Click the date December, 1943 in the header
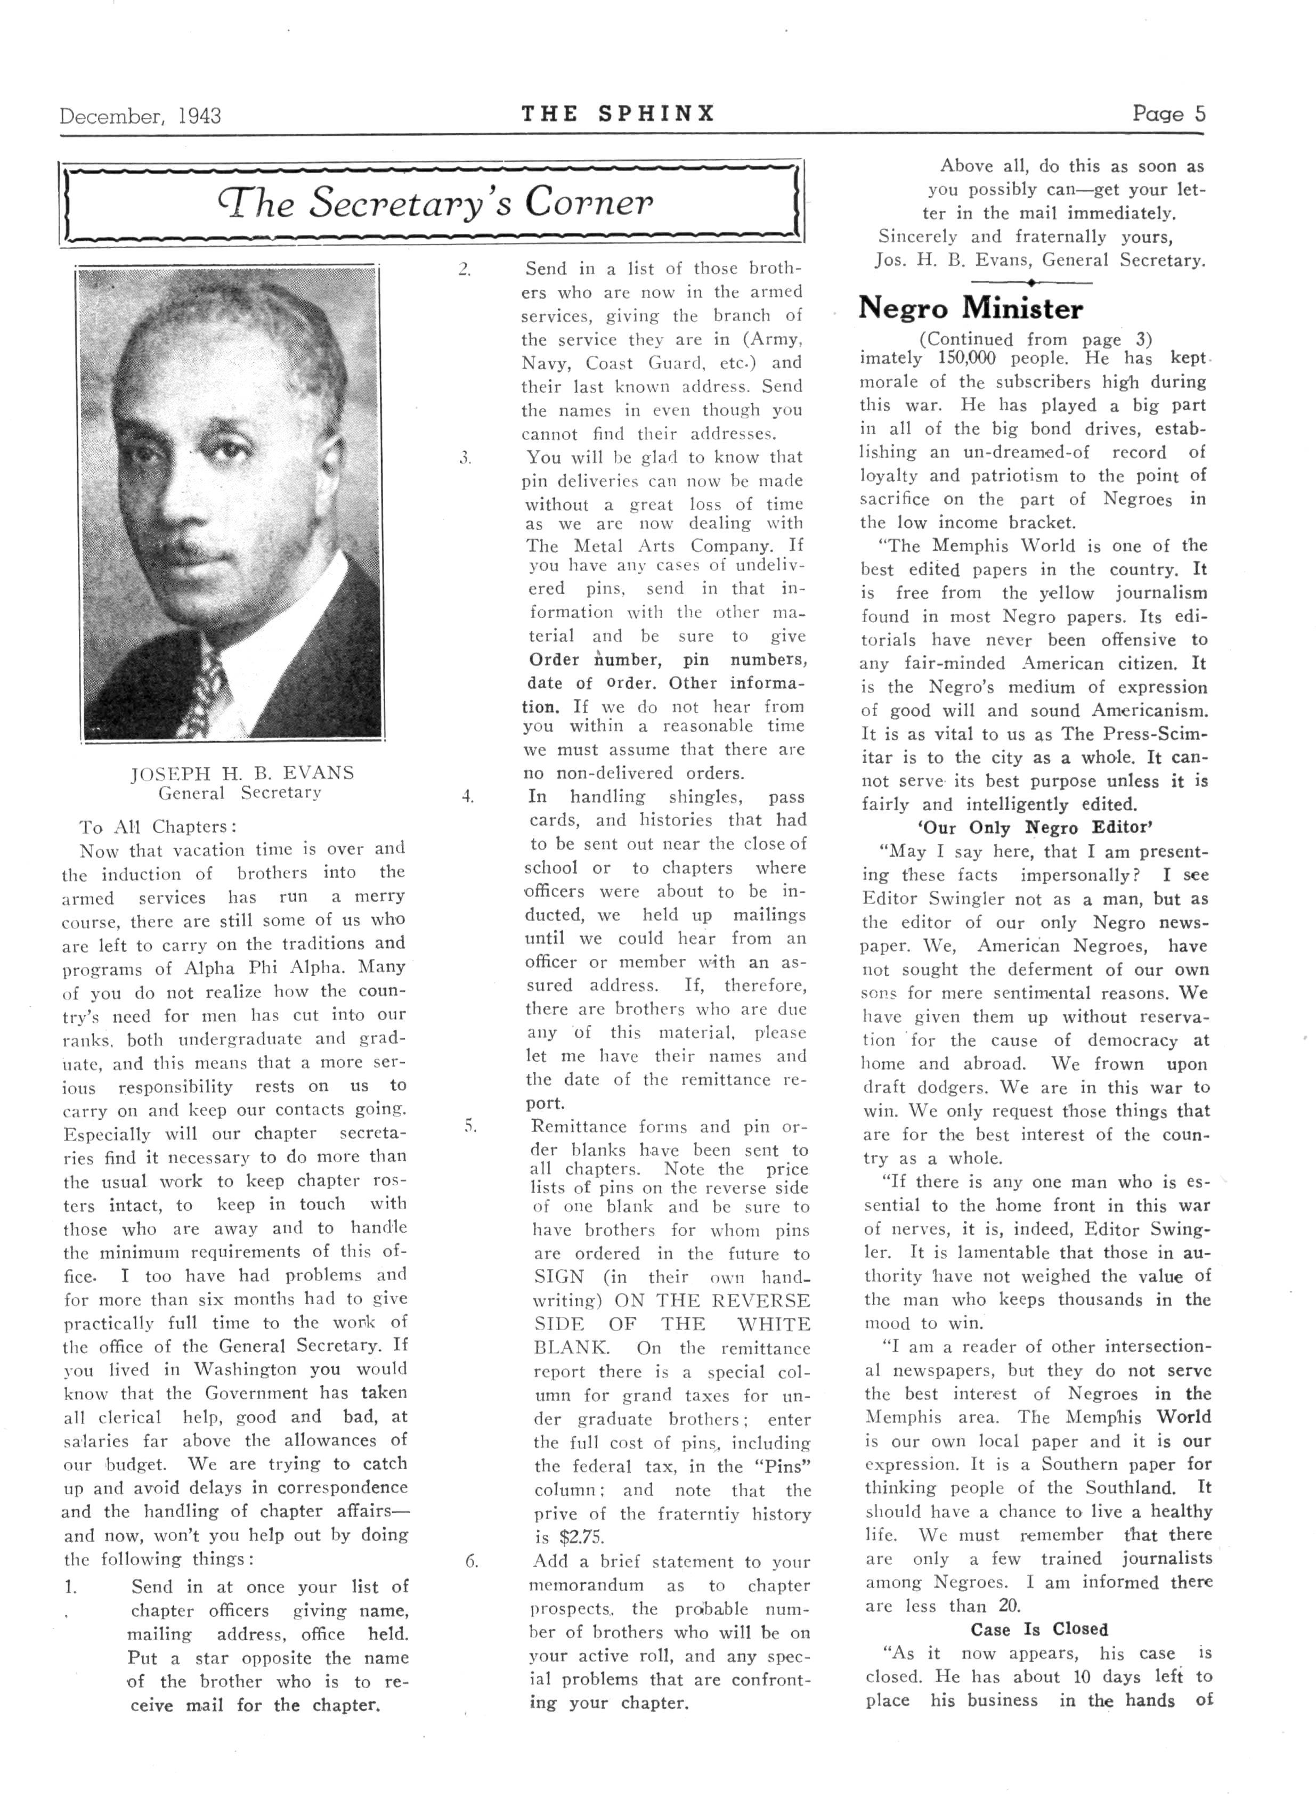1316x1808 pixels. [140, 116]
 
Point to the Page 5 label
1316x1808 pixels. [1168, 114]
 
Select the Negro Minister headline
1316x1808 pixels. [970, 308]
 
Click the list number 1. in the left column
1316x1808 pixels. [70, 1587]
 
